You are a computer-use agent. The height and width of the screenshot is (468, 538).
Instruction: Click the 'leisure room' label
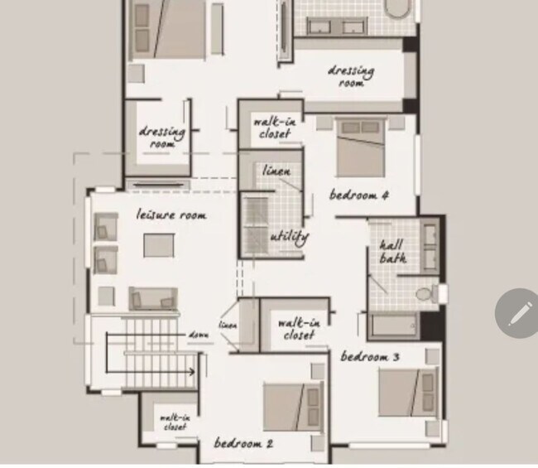pyautogui.click(x=171, y=215)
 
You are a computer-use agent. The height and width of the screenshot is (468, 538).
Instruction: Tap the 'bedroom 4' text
pyautogui.click(x=359, y=195)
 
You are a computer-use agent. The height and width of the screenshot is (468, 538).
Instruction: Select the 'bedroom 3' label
pyautogui.click(x=370, y=357)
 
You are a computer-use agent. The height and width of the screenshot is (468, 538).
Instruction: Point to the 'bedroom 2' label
pyautogui.click(x=243, y=443)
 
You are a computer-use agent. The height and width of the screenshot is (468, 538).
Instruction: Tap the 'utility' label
pyautogui.click(x=289, y=238)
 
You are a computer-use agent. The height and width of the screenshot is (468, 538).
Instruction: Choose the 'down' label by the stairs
pyautogui.click(x=198, y=334)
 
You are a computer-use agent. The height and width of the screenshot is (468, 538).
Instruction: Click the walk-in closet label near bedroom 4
pyautogui.click(x=274, y=128)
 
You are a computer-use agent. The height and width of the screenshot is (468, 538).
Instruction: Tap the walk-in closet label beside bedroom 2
pyautogui.click(x=296, y=329)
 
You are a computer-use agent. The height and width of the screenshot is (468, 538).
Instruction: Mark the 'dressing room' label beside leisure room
pyautogui.click(x=161, y=137)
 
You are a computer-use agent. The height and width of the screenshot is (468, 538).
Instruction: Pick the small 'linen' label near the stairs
pyautogui.click(x=228, y=326)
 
